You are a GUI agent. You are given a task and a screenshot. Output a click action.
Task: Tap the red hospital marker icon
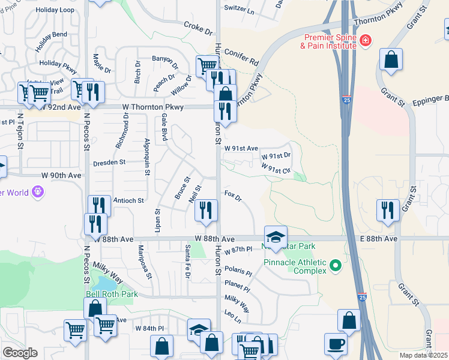366,41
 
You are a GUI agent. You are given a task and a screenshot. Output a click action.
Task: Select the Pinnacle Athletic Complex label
294,266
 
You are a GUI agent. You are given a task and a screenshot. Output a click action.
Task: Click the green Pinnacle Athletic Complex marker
336,265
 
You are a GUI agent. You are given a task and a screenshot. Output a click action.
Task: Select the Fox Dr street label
232,196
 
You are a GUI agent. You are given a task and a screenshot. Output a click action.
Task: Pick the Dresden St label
109,162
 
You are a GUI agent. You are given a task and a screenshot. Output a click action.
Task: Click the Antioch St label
128,200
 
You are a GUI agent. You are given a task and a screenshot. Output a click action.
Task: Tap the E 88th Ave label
379,239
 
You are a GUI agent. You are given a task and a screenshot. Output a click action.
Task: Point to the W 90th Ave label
61,175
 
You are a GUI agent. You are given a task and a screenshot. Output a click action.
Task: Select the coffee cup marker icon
336,344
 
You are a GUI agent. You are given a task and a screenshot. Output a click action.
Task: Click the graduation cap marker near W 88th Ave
276,236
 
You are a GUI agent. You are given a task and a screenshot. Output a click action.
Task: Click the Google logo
20,353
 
